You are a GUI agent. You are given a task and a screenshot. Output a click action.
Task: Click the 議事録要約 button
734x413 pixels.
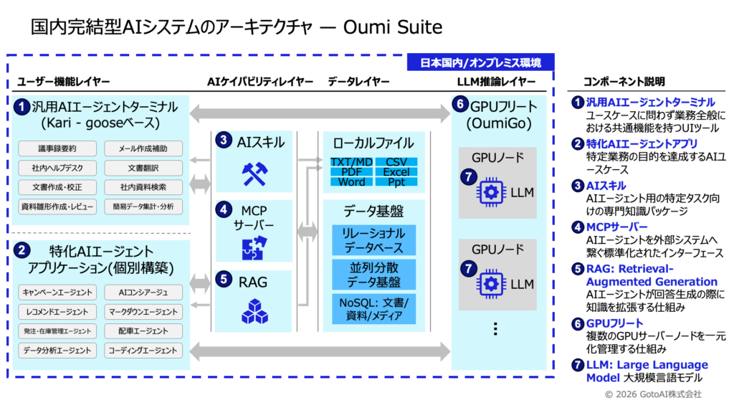pos(57,148)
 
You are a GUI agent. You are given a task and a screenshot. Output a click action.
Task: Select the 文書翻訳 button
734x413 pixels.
pos(143,168)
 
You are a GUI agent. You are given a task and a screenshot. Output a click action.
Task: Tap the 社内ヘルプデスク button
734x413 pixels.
pos(57,168)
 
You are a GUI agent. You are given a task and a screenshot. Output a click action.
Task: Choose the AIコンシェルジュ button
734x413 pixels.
pos(143,293)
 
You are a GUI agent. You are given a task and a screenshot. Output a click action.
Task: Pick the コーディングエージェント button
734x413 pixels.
pos(143,350)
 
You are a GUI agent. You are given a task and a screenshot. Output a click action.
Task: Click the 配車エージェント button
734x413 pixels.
pos(143,331)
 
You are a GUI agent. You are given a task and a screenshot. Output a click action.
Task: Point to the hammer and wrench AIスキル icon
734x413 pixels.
pos(254,174)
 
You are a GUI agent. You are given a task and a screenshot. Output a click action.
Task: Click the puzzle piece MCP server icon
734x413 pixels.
pos(254,247)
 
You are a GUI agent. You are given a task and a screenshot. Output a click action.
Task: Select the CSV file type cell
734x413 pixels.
pos(396,162)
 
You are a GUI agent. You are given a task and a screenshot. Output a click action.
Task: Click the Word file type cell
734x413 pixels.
pos(351,181)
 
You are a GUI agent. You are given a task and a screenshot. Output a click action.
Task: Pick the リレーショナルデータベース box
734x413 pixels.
pos(373,240)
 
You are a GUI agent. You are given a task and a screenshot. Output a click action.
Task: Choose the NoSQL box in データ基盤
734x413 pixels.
pos(373,309)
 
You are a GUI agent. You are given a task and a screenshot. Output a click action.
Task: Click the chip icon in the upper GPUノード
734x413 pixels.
pos(490,192)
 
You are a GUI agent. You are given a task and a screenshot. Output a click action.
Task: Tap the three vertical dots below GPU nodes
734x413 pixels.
pos(495,329)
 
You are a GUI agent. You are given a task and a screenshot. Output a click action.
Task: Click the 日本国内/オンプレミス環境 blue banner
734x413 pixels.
pos(481,62)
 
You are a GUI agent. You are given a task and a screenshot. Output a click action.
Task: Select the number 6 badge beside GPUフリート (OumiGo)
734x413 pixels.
pos(460,104)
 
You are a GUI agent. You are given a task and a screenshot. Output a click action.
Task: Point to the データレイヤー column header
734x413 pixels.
pos(358,82)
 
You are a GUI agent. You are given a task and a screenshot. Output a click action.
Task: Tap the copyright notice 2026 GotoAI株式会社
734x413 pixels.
pos(654,394)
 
